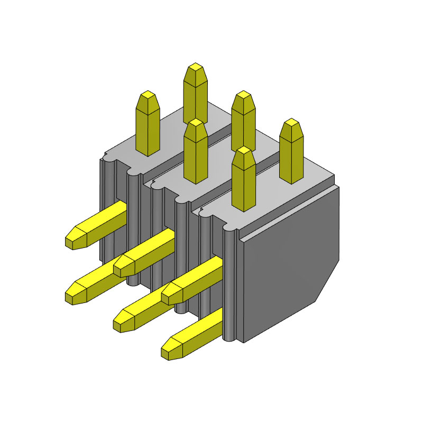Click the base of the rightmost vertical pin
coord(291,180)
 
